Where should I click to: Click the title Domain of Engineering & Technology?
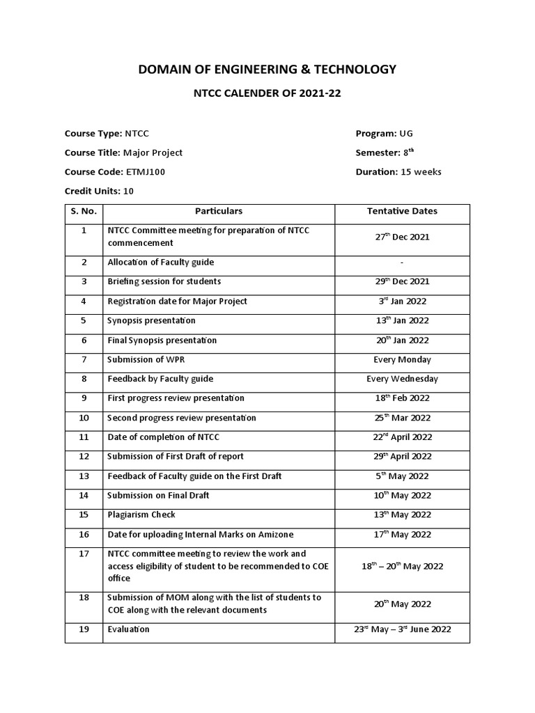point(267,69)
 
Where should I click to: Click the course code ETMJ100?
point(146,172)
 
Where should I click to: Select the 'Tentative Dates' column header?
point(402,211)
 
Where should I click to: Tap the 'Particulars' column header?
point(219,211)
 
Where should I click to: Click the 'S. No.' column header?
point(84,211)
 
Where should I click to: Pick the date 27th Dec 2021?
point(402,237)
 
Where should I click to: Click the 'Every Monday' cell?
point(402,360)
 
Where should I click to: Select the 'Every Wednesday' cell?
point(402,379)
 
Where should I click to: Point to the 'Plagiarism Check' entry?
point(141,515)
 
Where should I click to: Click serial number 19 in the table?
point(84,629)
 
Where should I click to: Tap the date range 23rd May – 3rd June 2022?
point(402,629)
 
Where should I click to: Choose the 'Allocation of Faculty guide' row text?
point(160,263)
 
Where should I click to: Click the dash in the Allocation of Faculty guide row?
point(402,263)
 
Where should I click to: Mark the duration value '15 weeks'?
point(420,172)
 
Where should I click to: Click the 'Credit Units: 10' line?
point(99,191)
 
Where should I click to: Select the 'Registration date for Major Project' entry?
point(177,301)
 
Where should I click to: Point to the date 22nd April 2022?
point(402,437)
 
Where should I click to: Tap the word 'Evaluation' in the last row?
point(128,629)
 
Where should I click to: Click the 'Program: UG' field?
point(388,133)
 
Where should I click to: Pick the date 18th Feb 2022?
point(402,398)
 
